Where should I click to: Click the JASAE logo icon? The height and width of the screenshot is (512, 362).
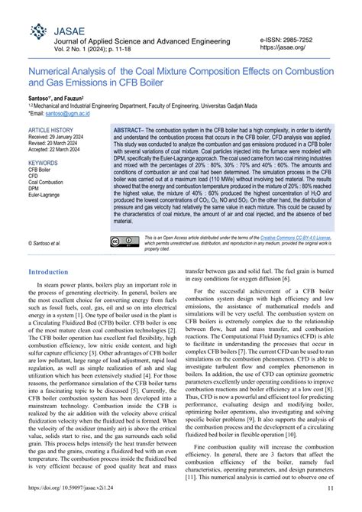click(37, 32)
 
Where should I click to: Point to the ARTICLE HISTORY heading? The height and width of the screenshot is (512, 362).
click(50, 131)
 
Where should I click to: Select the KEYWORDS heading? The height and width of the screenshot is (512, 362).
click(43, 163)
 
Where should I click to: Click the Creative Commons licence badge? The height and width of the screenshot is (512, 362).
click(123, 241)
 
